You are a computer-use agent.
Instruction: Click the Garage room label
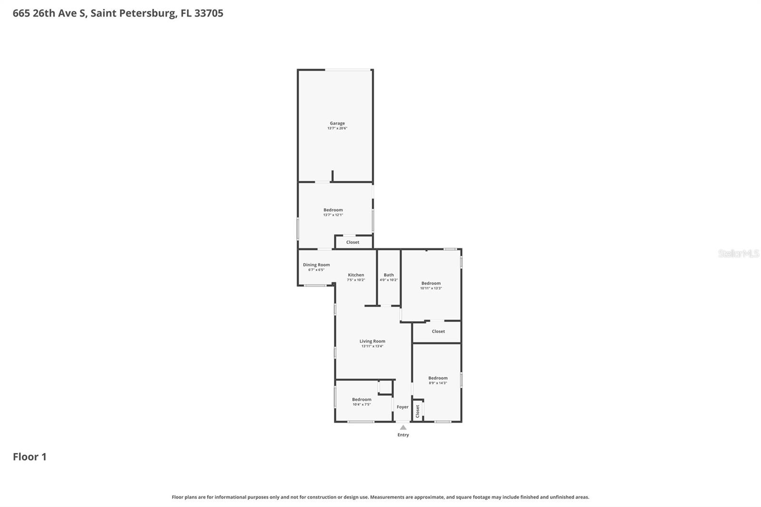(x=337, y=123)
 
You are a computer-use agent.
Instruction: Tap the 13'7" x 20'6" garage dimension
(x=337, y=128)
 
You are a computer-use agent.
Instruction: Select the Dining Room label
(x=316, y=265)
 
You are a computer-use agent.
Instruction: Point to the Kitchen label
(x=356, y=275)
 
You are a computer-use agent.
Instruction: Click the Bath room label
(x=389, y=275)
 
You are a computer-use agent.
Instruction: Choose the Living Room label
(x=372, y=341)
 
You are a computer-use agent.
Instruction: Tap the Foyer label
(x=402, y=407)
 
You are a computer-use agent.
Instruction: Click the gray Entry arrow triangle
(x=403, y=428)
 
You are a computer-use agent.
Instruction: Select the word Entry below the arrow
(x=403, y=435)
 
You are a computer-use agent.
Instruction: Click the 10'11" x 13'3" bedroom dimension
(x=431, y=288)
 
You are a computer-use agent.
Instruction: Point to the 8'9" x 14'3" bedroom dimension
(x=438, y=383)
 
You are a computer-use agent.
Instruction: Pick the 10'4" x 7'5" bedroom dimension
(x=361, y=404)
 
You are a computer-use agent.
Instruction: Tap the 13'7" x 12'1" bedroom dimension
(x=333, y=215)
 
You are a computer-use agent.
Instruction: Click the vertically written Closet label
(x=418, y=411)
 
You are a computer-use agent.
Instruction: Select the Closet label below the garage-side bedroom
(x=353, y=242)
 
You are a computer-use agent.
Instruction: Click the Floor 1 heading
(x=29, y=457)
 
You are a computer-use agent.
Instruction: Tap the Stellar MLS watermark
(x=738, y=253)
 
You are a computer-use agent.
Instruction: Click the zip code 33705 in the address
(x=209, y=13)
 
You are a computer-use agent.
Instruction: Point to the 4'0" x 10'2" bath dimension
(x=389, y=280)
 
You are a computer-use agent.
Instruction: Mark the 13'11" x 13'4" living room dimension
(x=372, y=346)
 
